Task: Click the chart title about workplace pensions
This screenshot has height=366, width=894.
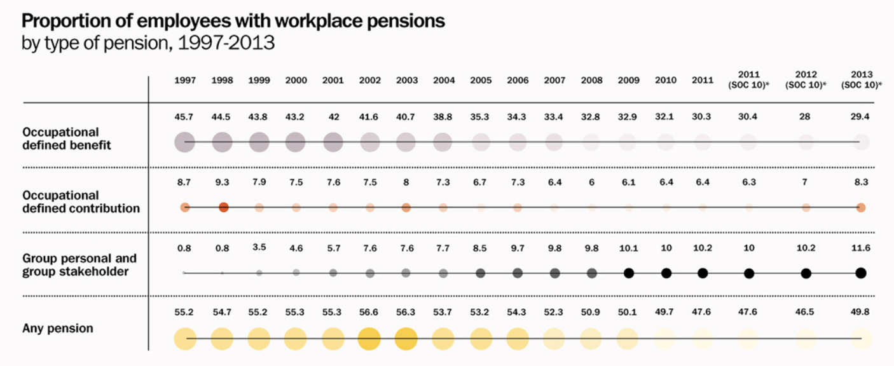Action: pyautogui.click(x=233, y=21)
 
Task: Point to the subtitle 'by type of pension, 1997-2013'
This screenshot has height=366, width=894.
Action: pyautogui.click(x=148, y=44)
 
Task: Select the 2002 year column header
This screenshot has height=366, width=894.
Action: pyautogui.click(x=369, y=80)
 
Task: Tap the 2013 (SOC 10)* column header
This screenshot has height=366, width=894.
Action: pyautogui.click(x=861, y=79)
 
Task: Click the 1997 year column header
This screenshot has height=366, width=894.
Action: pyautogui.click(x=185, y=80)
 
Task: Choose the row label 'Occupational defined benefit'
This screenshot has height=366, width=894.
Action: pyautogui.click(x=67, y=139)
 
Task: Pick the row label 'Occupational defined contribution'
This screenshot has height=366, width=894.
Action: pyautogui.click(x=81, y=201)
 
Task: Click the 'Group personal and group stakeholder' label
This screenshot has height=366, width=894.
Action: pyautogui.click(x=79, y=265)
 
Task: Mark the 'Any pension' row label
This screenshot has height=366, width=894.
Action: pyautogui.click(x=58, y=329)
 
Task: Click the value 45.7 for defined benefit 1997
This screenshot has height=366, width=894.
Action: pyautogui.click(x=185, y=118)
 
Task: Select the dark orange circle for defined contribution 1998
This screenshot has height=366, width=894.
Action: pyautogui.click(x=223, y=207)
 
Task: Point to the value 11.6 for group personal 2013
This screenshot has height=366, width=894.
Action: pyautogui.click(x=861, y=247)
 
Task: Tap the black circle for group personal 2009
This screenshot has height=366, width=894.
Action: pyautogui.click(x=629, y=273)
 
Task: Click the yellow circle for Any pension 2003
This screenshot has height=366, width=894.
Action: pyautogui.click(x=406, y=339)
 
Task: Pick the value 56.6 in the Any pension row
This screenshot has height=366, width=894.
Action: pyautogui.click(x=369, y=312)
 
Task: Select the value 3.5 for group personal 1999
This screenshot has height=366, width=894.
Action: pyautogui.click(x=259, y=247)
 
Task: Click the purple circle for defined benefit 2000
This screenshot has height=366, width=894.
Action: pyautogui.click(x=295, y=142)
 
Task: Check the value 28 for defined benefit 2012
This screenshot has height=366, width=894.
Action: pyautogui.click(x=806, y=118)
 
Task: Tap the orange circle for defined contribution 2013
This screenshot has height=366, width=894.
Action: pyautogui.click(x=861, y=207)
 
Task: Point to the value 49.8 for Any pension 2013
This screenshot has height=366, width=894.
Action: pyautogui.click(x=861, y=312)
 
